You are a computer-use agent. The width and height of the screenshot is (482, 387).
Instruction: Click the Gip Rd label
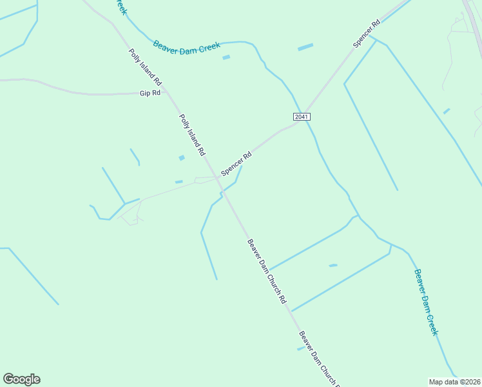pos(149,94)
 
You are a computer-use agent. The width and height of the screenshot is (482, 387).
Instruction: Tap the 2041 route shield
pos(302,117)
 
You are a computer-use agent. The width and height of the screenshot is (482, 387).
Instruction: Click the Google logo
pos(21,379)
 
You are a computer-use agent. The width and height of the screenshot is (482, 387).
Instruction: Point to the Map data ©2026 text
pos(454,382)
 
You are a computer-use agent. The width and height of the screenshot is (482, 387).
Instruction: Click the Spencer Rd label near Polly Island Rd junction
pos(236,164)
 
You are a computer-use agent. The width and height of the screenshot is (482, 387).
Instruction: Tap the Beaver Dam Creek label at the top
pos(187,46)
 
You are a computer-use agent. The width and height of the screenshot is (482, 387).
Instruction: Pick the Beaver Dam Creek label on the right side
pos(426,301)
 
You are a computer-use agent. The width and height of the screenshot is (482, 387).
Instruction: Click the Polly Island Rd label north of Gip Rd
pos(145,68)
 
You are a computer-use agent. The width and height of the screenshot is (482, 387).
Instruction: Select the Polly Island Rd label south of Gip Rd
pos(192,135)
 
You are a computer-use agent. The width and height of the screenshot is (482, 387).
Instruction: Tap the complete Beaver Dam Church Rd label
pos(266,271)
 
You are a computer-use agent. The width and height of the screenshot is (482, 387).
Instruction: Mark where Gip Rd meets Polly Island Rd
pos(167,93)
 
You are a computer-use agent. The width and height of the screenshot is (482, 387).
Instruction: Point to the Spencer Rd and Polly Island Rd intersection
pos(217,177)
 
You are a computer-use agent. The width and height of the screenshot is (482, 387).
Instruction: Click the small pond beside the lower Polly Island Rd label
pos(182,157)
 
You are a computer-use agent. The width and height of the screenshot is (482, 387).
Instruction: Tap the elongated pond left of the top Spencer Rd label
pos(305,47)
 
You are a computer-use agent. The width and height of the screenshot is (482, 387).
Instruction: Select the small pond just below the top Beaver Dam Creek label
pos(226,57)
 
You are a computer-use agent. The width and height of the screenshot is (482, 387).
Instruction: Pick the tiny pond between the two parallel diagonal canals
pos(333,265)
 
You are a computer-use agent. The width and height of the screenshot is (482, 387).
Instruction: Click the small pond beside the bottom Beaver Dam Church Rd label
pos(300,348)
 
